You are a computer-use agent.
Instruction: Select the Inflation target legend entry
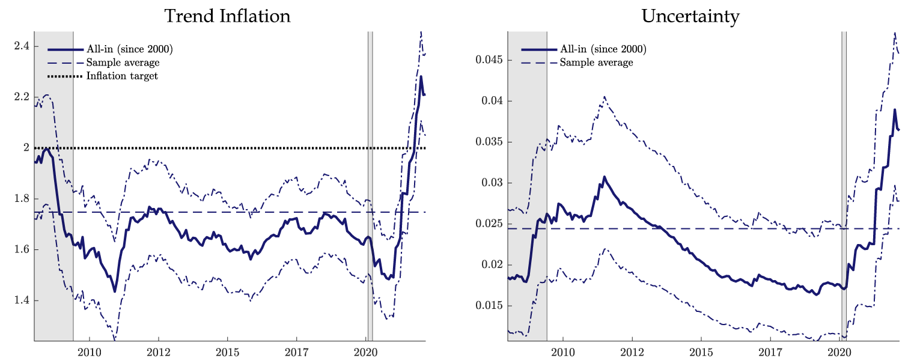[x=122, y=76]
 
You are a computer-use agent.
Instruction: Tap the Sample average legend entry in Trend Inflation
[x=123, y=63]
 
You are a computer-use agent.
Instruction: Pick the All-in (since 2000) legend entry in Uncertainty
[x=603, y=49]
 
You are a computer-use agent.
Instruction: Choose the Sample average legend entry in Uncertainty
[x=596, y=63]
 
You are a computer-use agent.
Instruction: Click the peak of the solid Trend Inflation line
[x=421, y=76]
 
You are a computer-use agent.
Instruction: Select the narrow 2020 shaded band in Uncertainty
[x=844, y=180]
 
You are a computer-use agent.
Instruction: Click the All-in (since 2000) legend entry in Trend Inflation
[x=130, y=49]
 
